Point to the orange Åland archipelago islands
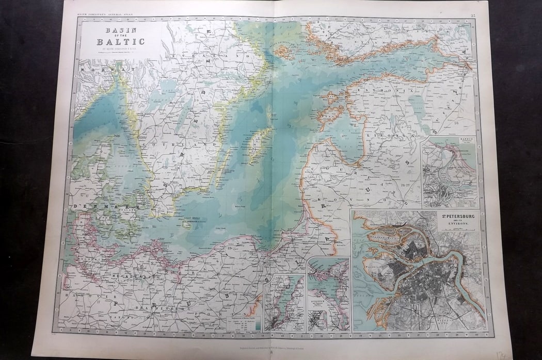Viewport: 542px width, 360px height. pyautogui.click(x=280, y=51)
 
